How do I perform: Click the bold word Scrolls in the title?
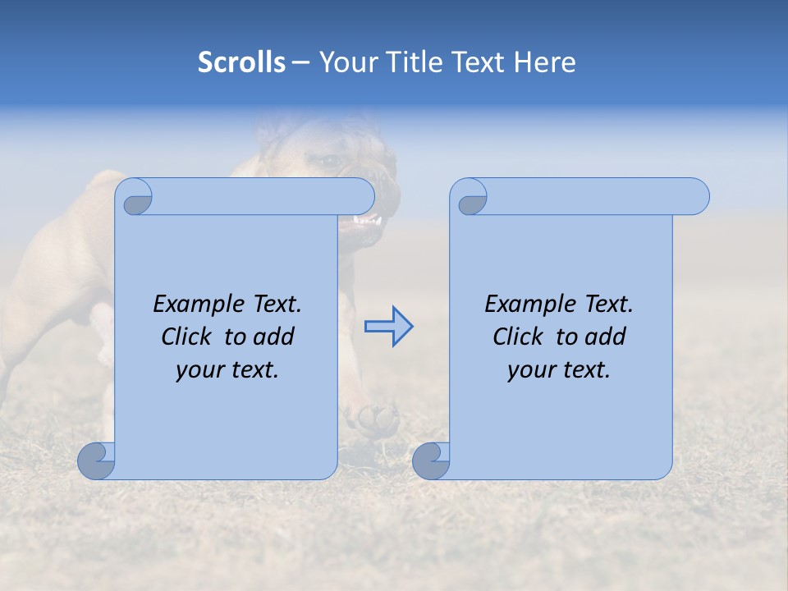pyautogui.click(x=241, y=62)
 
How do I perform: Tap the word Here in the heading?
pyautogui.click(x=544, y=62)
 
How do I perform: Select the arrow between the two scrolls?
pyautogui.click(x=388, y=327)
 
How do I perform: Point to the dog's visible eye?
pyautogui.click(x=331, y=162)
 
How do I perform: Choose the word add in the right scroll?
pyautogui.click(x=607, y=337)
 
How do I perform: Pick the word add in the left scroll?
pyautogui.click(x=275, y=337)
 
